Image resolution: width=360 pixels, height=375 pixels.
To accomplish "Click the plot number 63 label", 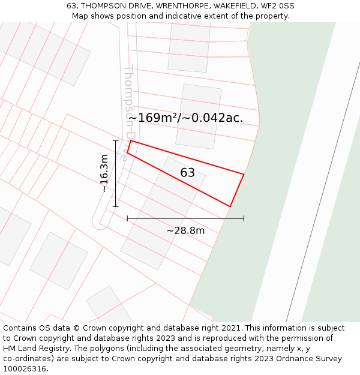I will click(x=187, y=173).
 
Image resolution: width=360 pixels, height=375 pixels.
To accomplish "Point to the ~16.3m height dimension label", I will click(x=104, y=173).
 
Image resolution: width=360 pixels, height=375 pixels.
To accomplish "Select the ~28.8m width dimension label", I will click(x=185, y=230).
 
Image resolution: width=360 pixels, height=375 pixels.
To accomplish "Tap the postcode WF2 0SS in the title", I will click(x=277, y=6).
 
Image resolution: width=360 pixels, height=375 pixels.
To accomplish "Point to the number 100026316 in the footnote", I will click(x=25, y=369).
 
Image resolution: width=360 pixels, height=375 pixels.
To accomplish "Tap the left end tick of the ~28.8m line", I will click(x=127, y=218).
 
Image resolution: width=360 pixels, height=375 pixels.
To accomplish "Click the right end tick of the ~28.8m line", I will click(x=244, y=218).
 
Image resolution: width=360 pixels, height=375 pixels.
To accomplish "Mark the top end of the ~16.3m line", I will click(x=115, y=140).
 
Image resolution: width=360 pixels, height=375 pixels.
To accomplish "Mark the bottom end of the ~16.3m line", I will click(x=115, y=207).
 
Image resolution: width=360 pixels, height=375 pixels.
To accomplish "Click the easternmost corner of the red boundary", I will click(x=244, y=174).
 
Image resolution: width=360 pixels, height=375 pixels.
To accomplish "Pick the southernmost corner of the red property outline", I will click(x=230, y=206).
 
